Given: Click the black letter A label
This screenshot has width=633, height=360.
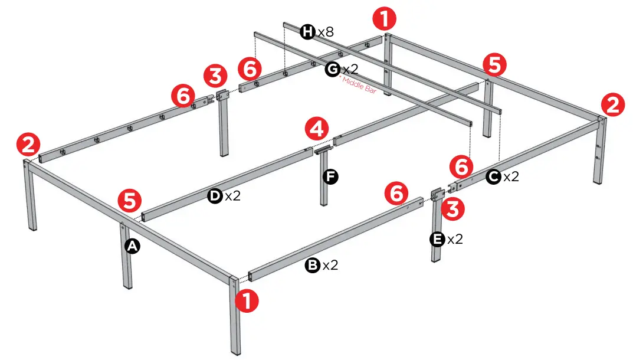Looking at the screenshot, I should (x=132, y=247).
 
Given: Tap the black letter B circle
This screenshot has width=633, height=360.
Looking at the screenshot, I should (x=311, y=266).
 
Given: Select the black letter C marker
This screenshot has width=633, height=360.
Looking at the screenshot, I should (x=493, y=176).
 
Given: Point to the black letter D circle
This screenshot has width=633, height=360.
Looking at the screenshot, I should (x=215, y=196).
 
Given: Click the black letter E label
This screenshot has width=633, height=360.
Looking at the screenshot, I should (x=437, y=239).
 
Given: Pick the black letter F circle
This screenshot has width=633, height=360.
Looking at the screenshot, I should (x=331, y=176).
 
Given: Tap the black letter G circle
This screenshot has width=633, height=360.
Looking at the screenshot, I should (x=333, y=69).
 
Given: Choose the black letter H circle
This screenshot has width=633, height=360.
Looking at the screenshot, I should (x=307, y=32).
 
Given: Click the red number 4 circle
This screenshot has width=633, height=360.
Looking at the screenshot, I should (x=317, y=128).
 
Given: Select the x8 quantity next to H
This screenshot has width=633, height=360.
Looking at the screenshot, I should (x=326, y=32).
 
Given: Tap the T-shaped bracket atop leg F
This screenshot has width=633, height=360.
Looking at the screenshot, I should (x=323, y=152).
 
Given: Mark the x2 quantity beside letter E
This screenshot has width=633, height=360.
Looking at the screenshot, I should (x=455, y=239).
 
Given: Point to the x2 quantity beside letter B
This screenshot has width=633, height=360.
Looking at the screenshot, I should (x=330, y=266).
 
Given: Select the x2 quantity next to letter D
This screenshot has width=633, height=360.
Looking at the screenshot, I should (x=233, y=196).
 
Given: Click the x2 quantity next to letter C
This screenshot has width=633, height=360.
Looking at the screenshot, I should (x=511, y=176).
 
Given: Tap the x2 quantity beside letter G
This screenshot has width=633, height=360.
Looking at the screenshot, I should (x=350, y=69).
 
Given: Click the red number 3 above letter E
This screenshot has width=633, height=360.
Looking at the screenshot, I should (x=453, y=209).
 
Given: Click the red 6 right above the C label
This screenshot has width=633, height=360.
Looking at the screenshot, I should (x=461, y=167).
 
